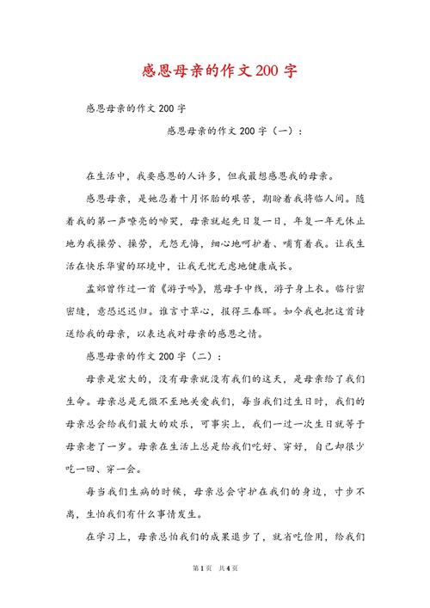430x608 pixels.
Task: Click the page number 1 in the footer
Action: click(x=200, y=592)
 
